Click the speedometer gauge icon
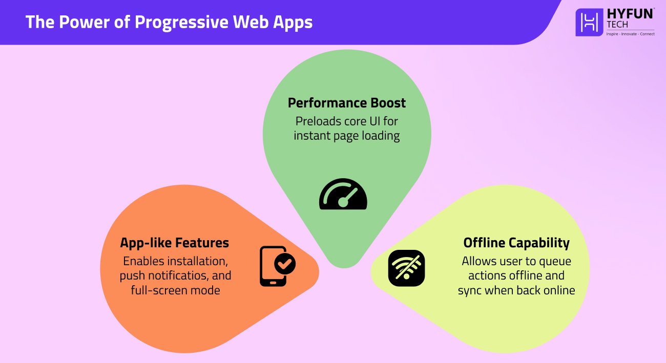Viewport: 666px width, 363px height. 343,195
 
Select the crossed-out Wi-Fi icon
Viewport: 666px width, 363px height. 406,268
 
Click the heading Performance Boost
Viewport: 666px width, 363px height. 347,103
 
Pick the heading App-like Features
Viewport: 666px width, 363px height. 174,242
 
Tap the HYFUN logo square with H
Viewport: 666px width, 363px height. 590,22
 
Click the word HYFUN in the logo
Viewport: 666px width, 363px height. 630,14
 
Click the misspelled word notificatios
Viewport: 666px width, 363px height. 169,275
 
